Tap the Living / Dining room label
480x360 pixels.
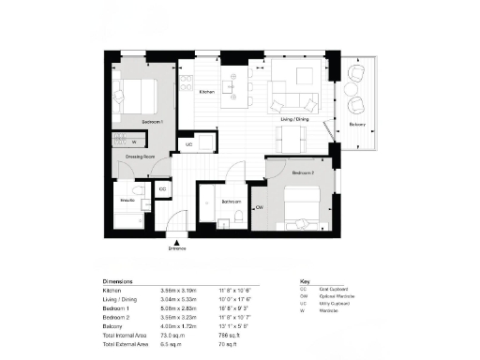click(x=294, y=120)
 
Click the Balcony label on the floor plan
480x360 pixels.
click(x=357, y=124)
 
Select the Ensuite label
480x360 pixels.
click(x=128, y=201)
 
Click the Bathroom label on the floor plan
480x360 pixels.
click(x=231, y=202)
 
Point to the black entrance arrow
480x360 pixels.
click(x=172, y=240)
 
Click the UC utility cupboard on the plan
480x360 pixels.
click(x=188, y=144)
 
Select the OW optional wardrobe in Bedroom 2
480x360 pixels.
click(x=258, y=206)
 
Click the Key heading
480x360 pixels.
click(x=304, y=280)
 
